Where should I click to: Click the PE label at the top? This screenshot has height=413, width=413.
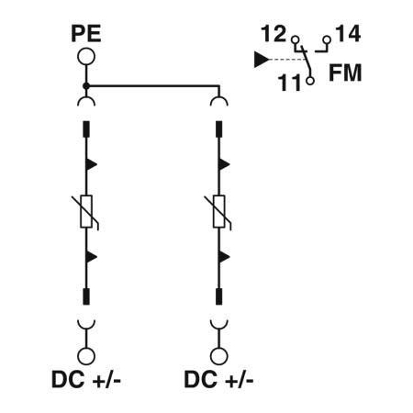86,34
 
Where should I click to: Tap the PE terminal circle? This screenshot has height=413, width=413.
86,57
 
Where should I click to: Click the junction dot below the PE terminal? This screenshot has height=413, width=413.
86,86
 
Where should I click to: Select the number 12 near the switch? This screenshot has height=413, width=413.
273,34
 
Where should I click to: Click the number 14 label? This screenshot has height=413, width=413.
348,34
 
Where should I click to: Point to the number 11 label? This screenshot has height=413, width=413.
290,83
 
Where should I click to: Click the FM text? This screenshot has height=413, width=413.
345,73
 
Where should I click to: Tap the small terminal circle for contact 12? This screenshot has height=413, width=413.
296,39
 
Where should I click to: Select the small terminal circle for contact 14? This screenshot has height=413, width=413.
327,39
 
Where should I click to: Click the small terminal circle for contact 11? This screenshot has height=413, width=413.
310,81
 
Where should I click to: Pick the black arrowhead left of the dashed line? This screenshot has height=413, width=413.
262,60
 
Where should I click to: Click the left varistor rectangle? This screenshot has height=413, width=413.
86,211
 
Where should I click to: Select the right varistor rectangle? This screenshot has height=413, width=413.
218,211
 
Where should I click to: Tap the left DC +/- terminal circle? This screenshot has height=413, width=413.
86,356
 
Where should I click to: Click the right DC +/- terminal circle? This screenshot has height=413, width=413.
218,356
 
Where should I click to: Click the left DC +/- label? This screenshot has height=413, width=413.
86,380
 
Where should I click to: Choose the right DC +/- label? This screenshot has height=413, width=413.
218,380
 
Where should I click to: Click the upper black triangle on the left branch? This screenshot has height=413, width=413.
91,164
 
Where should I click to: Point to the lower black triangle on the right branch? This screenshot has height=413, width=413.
224,257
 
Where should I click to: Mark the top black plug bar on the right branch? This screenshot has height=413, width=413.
218,129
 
